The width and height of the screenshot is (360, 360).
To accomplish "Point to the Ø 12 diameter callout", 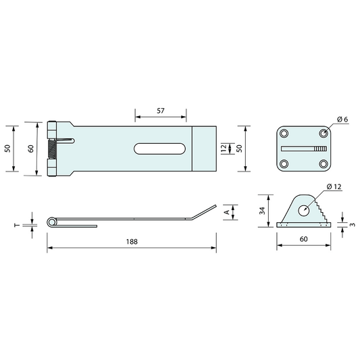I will pos(334,186).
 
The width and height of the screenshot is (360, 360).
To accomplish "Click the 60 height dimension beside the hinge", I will pos(30,149).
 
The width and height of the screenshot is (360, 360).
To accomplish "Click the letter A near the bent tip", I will pos(226,212).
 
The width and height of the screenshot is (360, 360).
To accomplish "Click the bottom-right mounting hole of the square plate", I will pos(323,164).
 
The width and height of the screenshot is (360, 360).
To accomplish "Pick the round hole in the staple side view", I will pos(304,210).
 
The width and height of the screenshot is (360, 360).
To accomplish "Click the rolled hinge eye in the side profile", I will pos(51,223).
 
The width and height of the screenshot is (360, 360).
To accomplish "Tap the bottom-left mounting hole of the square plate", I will pos(285,164).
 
